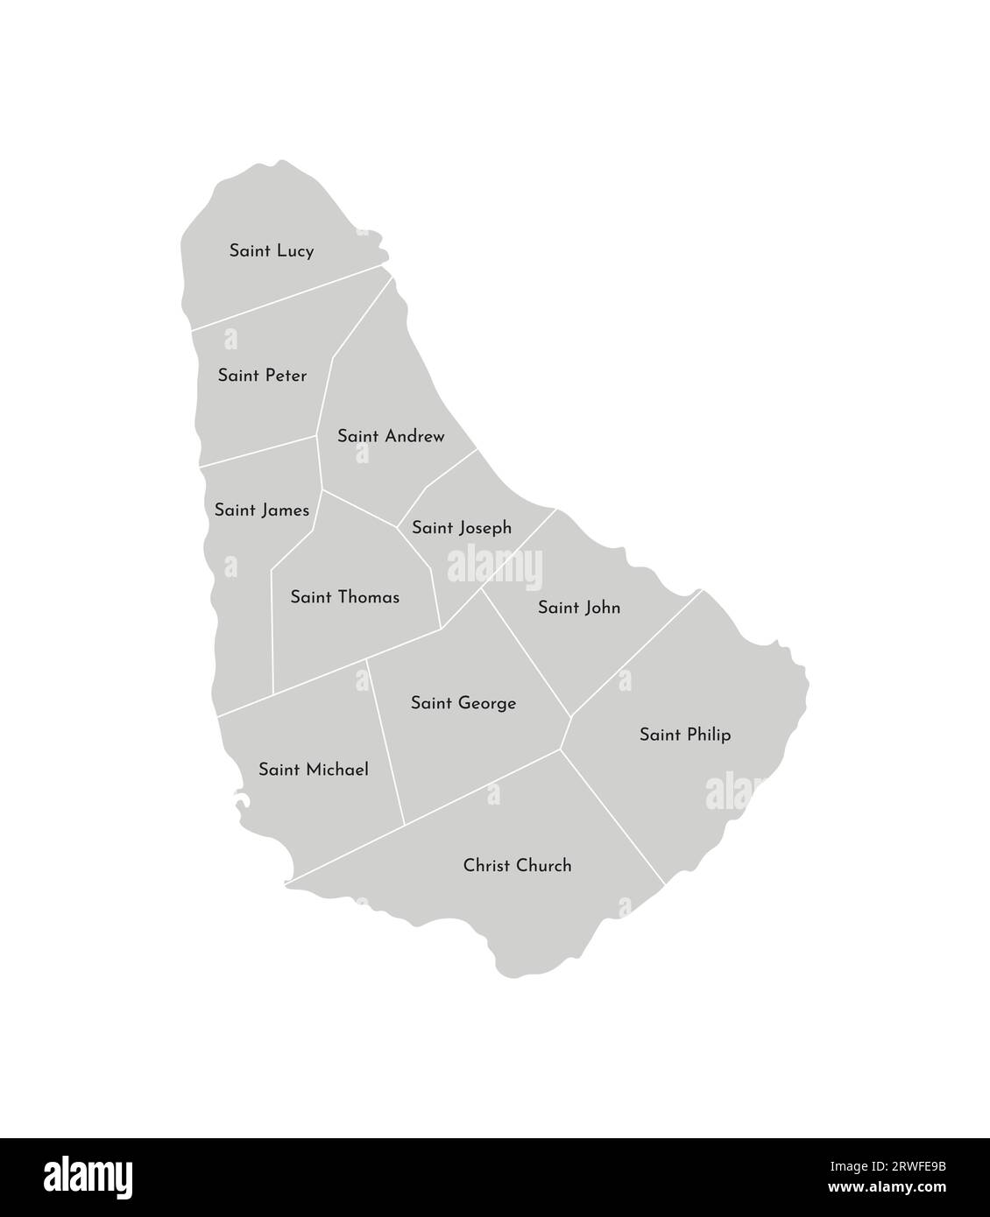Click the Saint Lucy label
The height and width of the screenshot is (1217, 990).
[x=272, y=251]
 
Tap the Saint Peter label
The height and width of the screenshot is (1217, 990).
[x=262, y=376]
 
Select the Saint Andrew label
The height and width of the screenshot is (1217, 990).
[x=391, y=436]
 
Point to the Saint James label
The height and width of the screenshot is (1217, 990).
[x=261, y=510]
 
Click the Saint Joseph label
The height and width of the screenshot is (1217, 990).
[x=462, y=529]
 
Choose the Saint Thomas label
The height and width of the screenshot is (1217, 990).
[x=344, y=598]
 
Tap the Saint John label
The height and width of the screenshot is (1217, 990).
[x=579, y=608]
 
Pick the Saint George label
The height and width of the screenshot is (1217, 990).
[x=463, y=703]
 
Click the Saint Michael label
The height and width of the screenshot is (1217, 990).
[x=314, y=770]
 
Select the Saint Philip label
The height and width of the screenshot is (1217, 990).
[x=685, y=735]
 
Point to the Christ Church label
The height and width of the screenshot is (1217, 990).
[x=517, y=866]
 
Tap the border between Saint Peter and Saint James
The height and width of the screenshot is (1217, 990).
[x=258, y=450]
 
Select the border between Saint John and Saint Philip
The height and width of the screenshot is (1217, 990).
[x=636, y=653]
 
